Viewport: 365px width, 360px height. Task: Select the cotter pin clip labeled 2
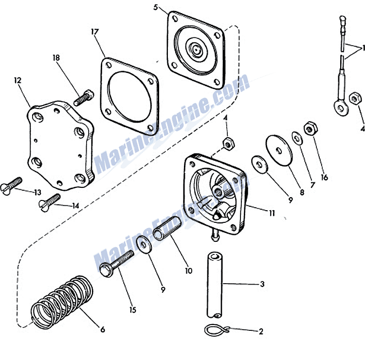pos(217,330)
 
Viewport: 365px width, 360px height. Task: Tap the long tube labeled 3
pos(215,285)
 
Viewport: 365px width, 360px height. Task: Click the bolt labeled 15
pos(117,263)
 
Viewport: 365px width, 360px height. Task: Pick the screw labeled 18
pos(84,98)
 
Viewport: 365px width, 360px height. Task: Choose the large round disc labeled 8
pos(279,150)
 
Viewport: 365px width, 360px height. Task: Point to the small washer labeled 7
pos(297,139)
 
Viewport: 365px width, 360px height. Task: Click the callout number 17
pos(95,32)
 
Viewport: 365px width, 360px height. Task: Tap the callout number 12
pos(18,81)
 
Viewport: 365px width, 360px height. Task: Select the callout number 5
pos(156,7)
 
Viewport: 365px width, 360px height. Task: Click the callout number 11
pos(272,213)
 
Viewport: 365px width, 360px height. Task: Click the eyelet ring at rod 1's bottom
pos(341,108)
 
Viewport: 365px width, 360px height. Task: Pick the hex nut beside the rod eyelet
pos(355,98)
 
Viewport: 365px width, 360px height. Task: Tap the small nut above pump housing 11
pos(229,144)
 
